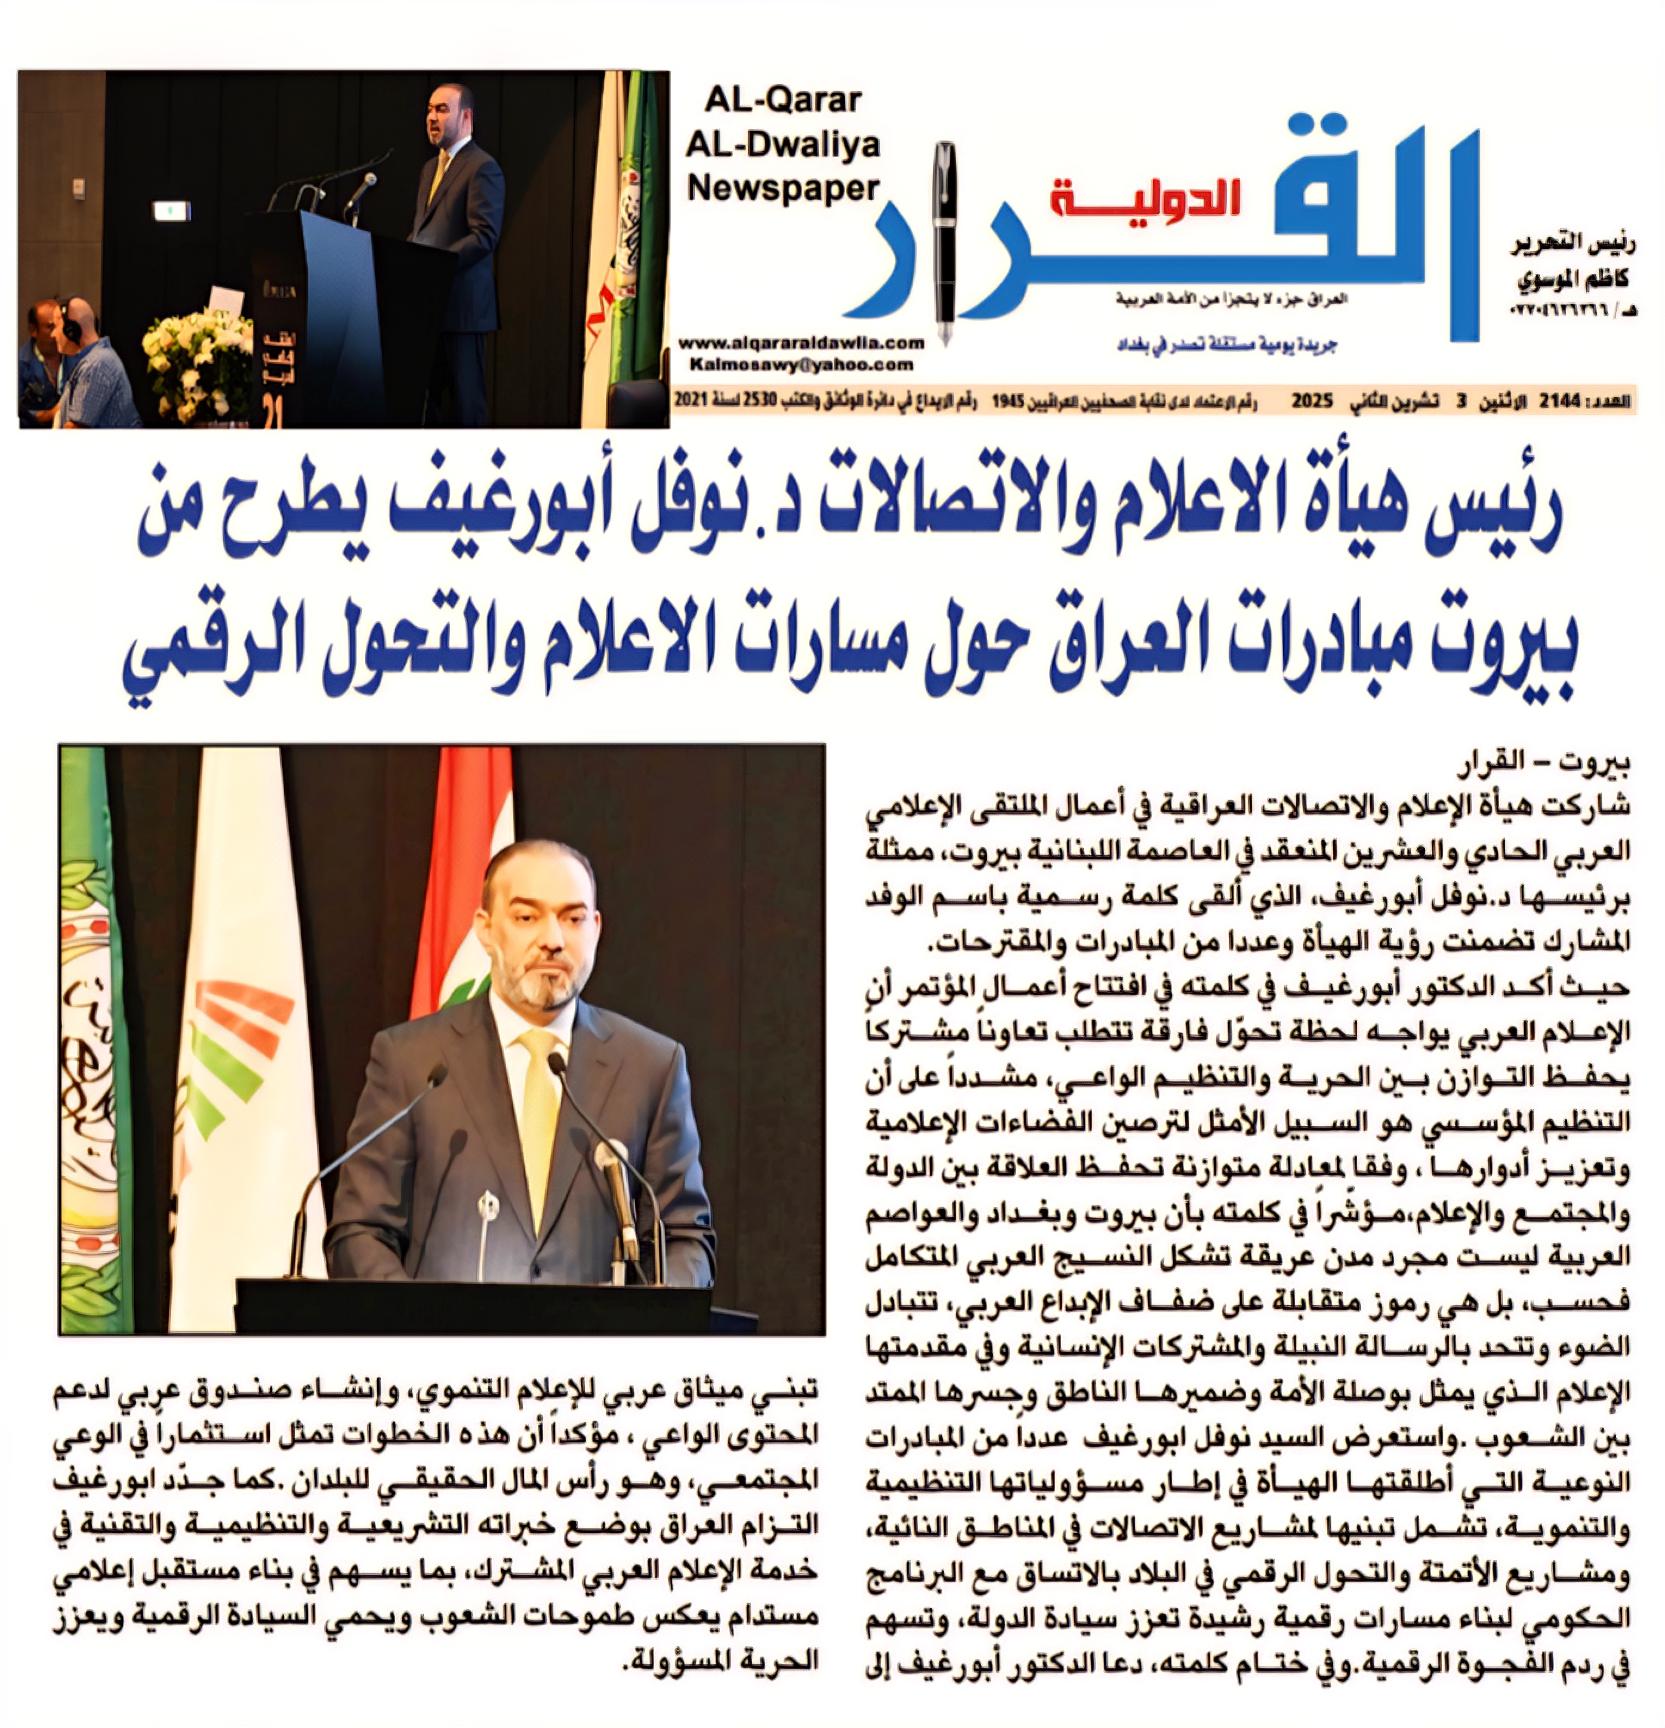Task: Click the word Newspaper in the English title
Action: (x=783, y=188)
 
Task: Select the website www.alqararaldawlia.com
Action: (x=801, y=343)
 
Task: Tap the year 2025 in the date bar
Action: (x=1312, y=402)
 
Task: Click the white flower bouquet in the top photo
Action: (x=198, y=357)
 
